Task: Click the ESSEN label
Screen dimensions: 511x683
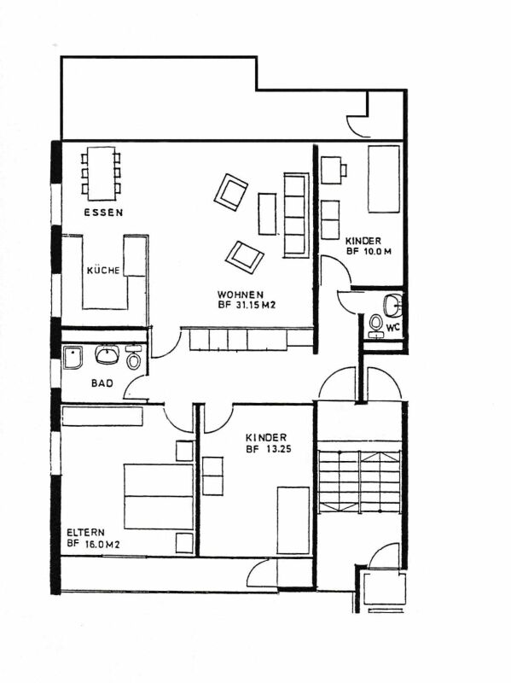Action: click(x=103, y=213)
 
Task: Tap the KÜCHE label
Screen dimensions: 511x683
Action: click(x=103, y=271)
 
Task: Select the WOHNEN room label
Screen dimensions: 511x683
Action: click(x=241, y=295)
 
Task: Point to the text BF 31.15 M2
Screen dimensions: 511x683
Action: click(x=247, y=306)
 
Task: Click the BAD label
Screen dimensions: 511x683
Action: click(x=102, y=383)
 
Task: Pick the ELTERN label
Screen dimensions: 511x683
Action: click(x=86, y=532)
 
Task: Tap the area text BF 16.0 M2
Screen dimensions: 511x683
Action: click(x=94, y=544)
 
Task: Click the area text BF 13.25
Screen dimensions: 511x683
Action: click(x=269, y=449)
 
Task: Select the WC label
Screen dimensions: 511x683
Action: click(x=393, y=328)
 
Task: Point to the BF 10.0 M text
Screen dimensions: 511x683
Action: click(x=369, y=251)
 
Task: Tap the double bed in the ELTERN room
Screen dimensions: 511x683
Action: click(x=159, y=497)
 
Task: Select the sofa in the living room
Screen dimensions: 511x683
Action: click(x=296, y=215)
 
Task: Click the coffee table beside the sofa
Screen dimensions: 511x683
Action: click(x=267, y=214)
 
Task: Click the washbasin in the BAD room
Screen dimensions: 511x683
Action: click(x=107, y=355)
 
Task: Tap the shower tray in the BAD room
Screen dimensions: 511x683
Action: click(x=73, y=358)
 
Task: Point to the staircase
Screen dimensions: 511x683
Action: click(x=359, y=482)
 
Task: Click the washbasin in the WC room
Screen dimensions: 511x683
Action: click(x=393, y=305)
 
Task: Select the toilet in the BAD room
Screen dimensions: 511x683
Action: click(x=134, y=359)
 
